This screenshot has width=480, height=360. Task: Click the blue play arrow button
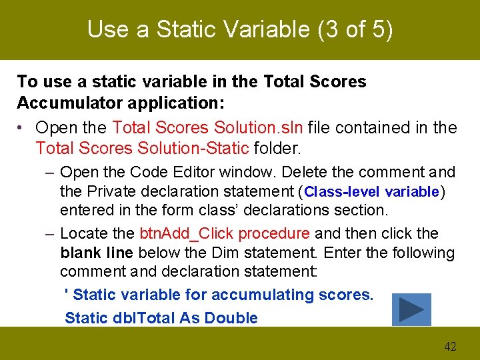coord(411,309)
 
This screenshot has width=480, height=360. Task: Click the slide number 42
coord(450,346)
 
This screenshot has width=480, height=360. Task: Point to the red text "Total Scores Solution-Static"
coord(142,147)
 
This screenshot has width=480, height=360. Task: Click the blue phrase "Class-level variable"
coord(371,192)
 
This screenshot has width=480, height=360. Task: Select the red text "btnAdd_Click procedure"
coord(225,233)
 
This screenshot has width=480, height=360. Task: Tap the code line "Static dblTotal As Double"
coord(161,318)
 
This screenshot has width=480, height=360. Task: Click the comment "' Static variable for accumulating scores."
coord(219,295)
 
